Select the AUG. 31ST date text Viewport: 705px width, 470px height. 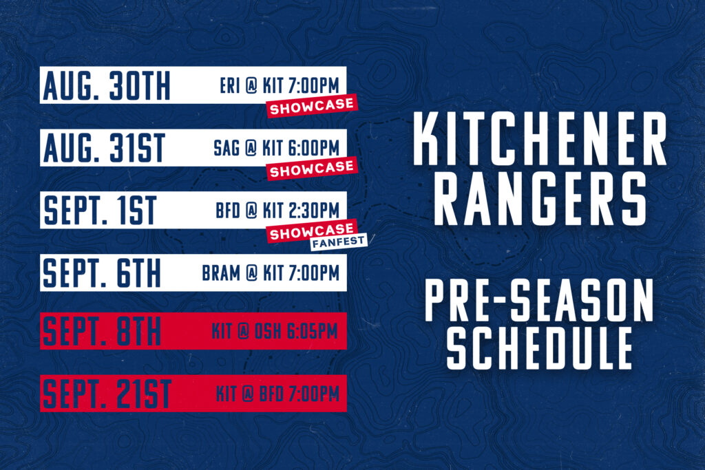(104, 147)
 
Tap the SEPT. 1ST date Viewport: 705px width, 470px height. (101, 210)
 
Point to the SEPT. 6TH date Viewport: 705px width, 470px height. (102, 273)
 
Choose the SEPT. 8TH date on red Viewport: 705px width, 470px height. (102, 332)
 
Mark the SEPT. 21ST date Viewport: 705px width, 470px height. (106, 394)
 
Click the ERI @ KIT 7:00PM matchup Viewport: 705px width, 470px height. (279, 87)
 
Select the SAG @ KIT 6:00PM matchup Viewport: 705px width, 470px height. (276, 148)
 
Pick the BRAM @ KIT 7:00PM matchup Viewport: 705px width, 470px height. (271, 273)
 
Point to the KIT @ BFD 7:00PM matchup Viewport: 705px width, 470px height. (277, 394)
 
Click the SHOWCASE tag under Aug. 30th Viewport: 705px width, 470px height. (312, 107)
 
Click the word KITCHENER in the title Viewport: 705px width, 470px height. (540, 138)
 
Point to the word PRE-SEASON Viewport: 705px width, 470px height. (538, 301)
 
